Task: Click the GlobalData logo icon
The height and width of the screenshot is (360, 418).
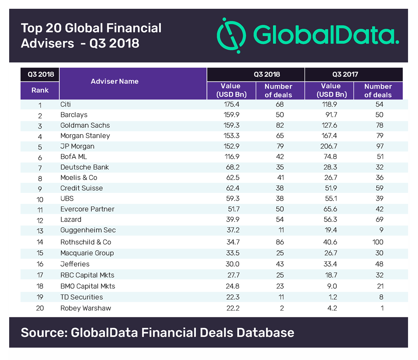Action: point(232,35)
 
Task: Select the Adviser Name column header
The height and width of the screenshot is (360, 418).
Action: point(114,81)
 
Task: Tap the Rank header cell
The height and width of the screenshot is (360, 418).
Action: point(40,90)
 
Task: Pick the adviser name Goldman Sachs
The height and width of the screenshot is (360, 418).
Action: point(85,125)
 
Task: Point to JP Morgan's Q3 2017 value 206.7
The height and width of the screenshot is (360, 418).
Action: point(331,146)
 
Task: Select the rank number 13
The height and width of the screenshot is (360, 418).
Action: point(40,230)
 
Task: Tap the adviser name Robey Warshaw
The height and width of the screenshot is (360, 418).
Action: point(86,308)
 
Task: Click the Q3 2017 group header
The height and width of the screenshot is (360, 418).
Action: point(345,74)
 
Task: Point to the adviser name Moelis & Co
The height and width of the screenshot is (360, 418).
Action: point(79,178)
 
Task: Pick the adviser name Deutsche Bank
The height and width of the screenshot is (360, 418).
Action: point(85,167)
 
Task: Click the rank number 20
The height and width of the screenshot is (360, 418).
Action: point(40,308)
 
